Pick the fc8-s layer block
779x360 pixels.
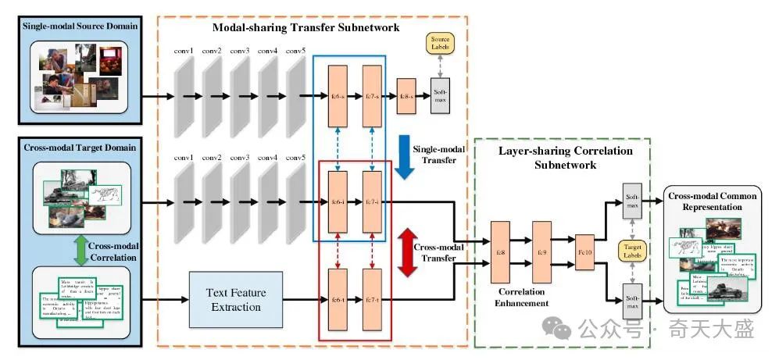pyautogui.click(x=406, y=97)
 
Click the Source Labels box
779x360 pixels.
pyautogui.click(x=440, y=44)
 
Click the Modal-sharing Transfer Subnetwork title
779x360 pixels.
pyautogui.click(x=306, y=27)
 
